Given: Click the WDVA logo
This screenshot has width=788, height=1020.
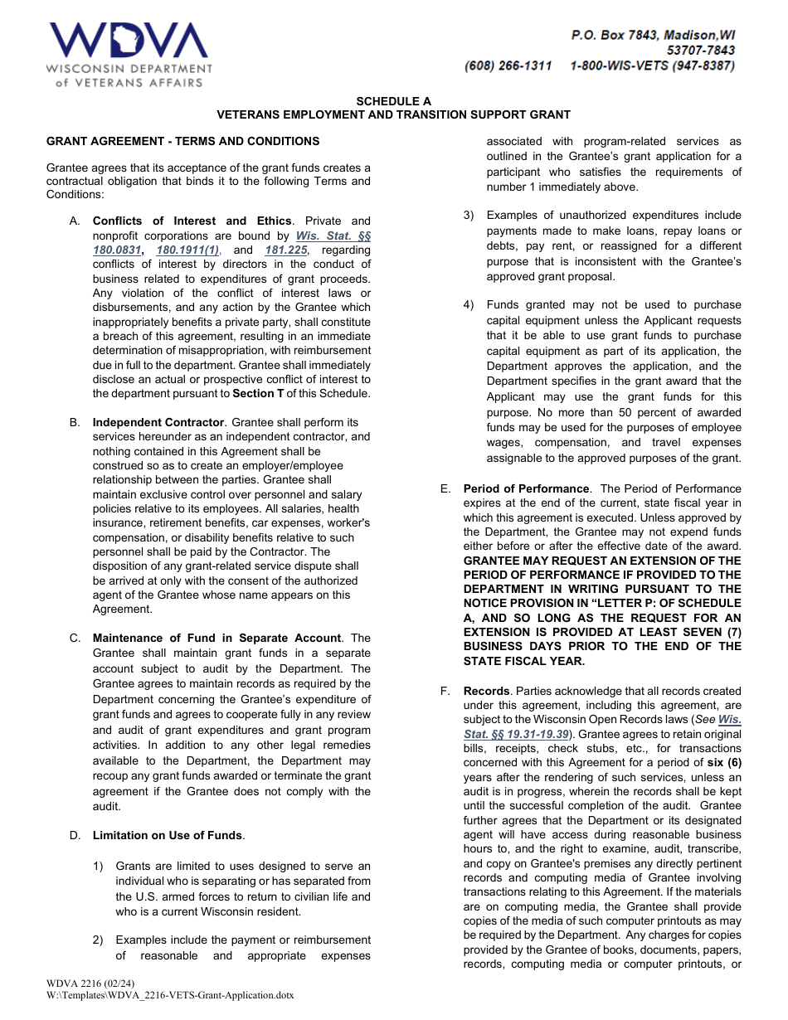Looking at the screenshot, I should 129,54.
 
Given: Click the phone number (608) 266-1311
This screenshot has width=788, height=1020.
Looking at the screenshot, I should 508,66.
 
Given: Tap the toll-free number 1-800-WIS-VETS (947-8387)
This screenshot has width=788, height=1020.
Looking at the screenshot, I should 652,66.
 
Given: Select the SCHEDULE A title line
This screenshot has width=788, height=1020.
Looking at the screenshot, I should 393,101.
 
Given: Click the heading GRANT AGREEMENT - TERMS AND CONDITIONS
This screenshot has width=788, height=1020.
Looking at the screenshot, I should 182,141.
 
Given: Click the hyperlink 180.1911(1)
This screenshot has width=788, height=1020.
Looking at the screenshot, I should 188,250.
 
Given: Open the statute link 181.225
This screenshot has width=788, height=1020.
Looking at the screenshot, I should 287,250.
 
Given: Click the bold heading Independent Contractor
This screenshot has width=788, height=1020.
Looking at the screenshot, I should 158,422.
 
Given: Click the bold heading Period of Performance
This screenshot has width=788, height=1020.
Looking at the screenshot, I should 526,488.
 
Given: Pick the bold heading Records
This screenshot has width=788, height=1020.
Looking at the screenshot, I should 486,691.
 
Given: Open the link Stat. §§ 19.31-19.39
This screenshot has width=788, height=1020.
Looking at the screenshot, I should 516,734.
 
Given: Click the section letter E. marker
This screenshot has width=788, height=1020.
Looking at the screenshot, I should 445,488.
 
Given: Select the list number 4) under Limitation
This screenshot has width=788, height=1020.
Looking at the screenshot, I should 469,305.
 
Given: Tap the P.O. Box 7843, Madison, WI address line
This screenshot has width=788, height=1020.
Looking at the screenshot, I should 652,36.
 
